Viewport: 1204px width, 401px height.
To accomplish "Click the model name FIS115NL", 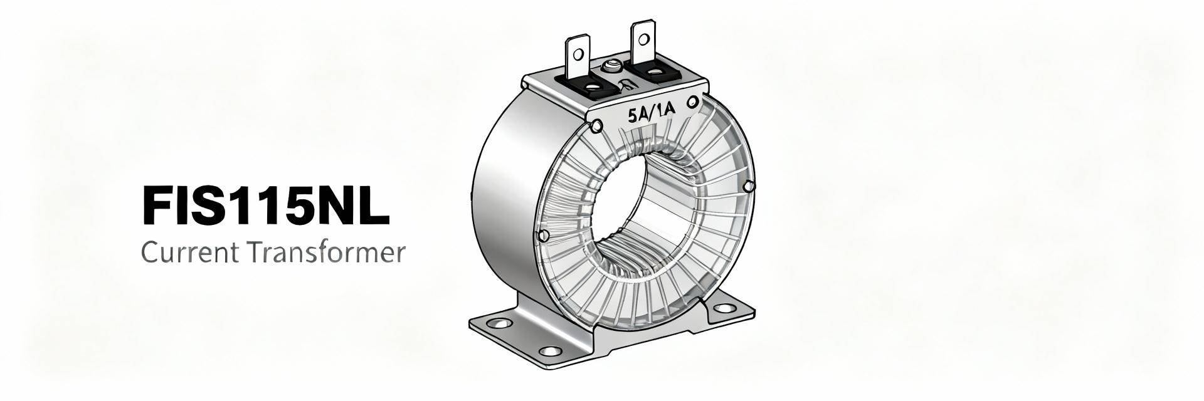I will click(266, 205).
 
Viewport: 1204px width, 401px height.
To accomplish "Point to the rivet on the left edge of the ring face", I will click(544, 236).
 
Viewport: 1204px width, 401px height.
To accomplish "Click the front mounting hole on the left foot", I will click(550, 352).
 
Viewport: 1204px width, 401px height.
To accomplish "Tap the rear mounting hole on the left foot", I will click(499, 324).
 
